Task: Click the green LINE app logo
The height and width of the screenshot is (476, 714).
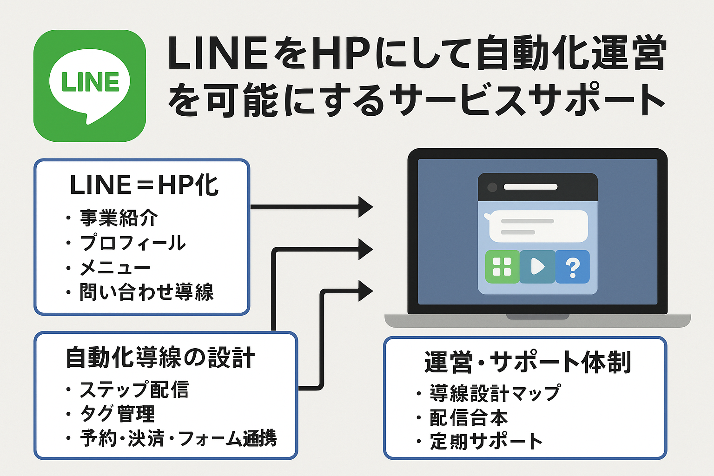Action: (90, 86)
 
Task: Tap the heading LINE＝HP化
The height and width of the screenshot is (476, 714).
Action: (144, 185)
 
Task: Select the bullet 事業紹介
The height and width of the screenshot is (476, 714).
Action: (119, 218)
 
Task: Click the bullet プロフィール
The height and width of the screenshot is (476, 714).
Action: (132, 243)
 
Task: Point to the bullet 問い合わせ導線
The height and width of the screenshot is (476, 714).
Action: (146, 292)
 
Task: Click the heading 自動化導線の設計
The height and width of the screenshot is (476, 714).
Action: (160, 358)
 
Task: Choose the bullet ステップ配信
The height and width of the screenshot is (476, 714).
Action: (134, 390)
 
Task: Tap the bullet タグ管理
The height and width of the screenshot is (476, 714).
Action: (117, 414)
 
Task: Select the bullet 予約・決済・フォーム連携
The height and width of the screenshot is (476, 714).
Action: (178, 438)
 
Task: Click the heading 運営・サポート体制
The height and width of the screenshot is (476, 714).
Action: (527, 363)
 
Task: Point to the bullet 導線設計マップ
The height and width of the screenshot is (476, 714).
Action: (495, 393)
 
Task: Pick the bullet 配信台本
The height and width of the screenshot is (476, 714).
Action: (468, 417)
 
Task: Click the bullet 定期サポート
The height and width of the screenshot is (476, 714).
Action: (486, 442)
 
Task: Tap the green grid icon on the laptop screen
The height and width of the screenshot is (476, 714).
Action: (502, 267)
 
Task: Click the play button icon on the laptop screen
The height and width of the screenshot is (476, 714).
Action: (537, 267)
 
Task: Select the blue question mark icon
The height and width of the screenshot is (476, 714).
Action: (573, 267)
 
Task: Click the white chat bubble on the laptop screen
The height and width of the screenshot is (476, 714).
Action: (538, 226)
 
